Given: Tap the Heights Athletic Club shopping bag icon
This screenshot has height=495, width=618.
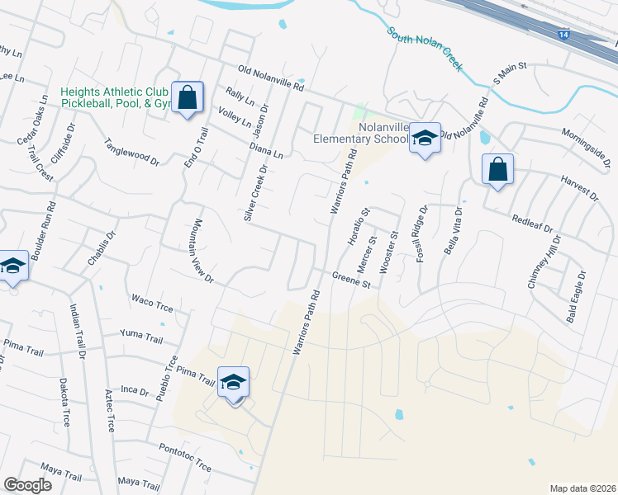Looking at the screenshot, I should tap(188, 97).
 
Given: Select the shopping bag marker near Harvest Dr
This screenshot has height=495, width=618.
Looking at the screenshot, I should tap(497, 170).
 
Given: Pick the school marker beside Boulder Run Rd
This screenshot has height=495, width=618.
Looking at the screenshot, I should tap(13, 266).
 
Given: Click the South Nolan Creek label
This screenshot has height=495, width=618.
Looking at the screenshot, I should tap(425, 49).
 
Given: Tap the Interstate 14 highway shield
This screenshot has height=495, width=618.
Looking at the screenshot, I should tap(563, 35).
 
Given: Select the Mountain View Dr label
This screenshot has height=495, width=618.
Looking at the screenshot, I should tap(203, 250).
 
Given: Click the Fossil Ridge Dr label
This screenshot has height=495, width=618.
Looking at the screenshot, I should tap(421, 233).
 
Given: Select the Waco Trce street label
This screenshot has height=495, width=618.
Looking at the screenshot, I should tap(150, 299).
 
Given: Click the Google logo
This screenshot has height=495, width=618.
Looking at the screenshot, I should tap(27, 485).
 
